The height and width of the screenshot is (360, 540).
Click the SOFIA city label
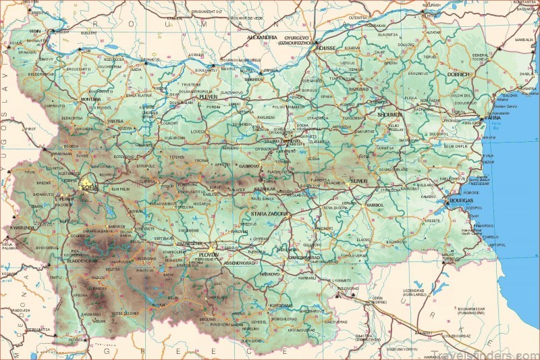pos(89,186)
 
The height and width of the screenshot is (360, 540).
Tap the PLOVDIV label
pos(208,255)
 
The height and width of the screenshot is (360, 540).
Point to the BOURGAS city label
pos(460,201)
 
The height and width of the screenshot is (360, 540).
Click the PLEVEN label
pos(208,97)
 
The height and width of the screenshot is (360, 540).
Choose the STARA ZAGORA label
pos(265,213)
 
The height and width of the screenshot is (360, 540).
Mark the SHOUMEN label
pos(389,115)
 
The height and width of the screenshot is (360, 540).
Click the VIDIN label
pos(35,31)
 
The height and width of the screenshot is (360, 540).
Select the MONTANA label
pos(90,99)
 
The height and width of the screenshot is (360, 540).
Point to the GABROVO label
pos(251,165)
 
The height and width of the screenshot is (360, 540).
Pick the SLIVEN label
pos(358,182)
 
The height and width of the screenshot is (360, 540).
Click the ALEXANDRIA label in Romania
pos(262,37)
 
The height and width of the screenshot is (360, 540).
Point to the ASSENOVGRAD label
pos(240,261)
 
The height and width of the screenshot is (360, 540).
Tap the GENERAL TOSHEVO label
pos(480,57)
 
